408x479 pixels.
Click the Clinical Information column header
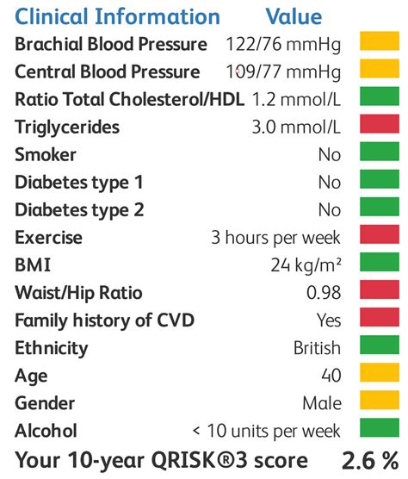coord(117,16)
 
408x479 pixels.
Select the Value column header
coord(294,16)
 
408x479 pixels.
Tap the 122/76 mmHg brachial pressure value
coord(283,44)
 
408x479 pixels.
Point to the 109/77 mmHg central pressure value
coord(283,72)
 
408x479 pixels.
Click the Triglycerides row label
coord(67,128)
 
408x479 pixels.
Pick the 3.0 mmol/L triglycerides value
coord(296,128)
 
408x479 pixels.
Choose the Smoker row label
coord(46,155)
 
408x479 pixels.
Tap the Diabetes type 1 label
coord(79,183)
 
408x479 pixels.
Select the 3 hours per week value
coord(276,238)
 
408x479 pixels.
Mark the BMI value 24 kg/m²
coord(306,265)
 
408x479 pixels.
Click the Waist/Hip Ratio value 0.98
coord(324,293)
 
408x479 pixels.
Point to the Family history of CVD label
coord(104,320)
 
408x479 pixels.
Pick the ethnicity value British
coord(317,348)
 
